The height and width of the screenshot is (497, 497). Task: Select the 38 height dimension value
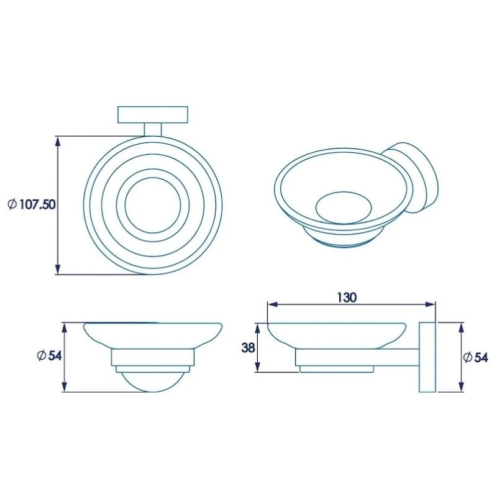click(x=248, y=348)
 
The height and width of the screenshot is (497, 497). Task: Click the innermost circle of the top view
click(x=152, y=204)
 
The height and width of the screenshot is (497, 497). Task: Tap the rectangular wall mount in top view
click(x=152, y=115)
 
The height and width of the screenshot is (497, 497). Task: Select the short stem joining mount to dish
click(x=152, y=129)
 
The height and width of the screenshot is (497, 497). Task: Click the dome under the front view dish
click(x=152, y=382)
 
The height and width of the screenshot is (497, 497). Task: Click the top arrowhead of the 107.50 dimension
click(x=58, y=140)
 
